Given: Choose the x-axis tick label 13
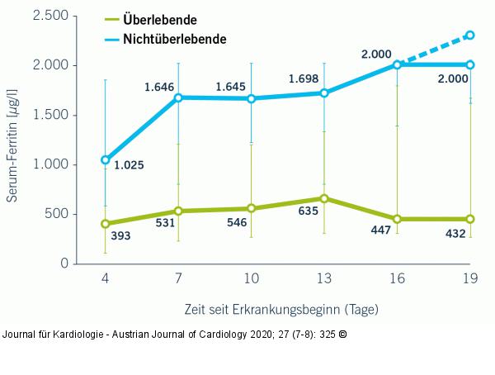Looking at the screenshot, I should [x=324, y=280].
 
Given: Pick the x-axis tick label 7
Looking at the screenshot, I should [x=177, y=280].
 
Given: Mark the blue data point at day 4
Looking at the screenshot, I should [x=105, y=159].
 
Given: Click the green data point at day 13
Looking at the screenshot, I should [x=324, y=198].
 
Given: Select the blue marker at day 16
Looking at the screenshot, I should [x=397, y=64].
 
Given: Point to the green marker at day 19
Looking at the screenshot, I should [x=470, y=219].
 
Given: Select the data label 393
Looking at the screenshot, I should [x=120, y=235].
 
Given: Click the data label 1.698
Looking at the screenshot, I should [x=304, y=79].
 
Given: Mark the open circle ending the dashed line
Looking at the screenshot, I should [x=470, y=35].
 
